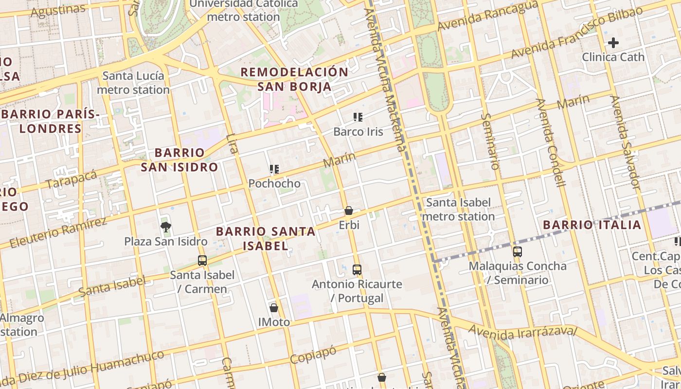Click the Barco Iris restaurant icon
(358, 117)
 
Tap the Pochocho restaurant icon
(274, 169)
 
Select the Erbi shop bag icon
(349, 211)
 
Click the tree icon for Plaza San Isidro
(166, 226)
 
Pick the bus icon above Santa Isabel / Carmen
(202, 260)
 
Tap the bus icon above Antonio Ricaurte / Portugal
(357, 269)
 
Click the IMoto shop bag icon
(274, 307)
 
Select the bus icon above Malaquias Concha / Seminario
(518, 251)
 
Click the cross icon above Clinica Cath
(613, 42)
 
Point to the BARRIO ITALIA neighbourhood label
(592, 225)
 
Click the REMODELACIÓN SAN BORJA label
(294, 79)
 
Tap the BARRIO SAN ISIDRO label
(179, 159)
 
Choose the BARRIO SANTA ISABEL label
(266, 238)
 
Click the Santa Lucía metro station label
(133, 83)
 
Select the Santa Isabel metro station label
(458, 209)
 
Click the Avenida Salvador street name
(625, 141)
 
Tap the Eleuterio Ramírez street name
(57, 233)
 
